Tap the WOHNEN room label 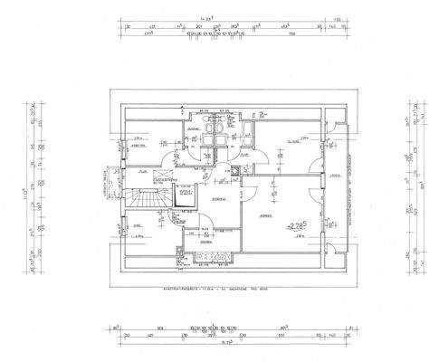tap(265, 217)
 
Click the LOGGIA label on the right tap(333, 176)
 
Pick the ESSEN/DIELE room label tap(218, 197)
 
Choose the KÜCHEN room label tap(205, 243)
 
